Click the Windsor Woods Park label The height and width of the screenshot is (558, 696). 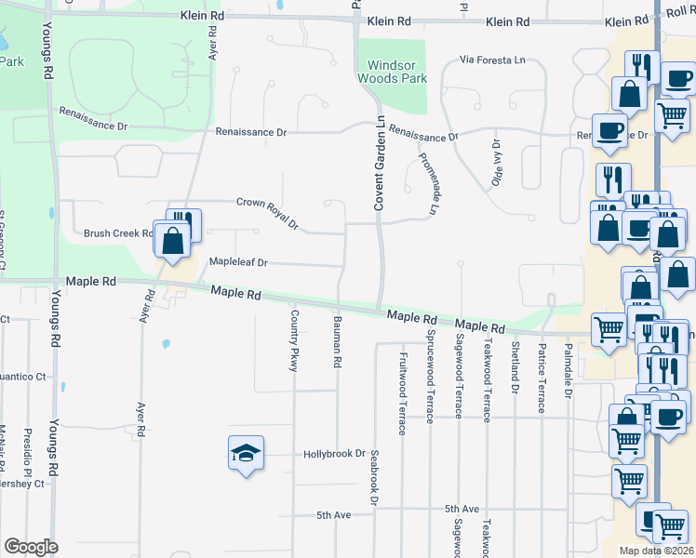pyautogui.click(x=392, y=72)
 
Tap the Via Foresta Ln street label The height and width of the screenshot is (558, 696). pyautogui.click(x=492, y=60)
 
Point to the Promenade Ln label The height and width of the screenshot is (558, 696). pyautogui.click(x=427, y=184)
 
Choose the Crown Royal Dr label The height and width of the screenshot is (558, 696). pyautogui.click(x=267, y=213)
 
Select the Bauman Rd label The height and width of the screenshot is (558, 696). pyautogui.click(x=337, y=340)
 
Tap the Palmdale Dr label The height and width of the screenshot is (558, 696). pyautogui.click(x=567, y=368)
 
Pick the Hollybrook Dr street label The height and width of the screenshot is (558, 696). pyautogui.click(x=334, y=455)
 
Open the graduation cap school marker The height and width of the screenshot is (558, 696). pyautogui.click(x=246, y=453)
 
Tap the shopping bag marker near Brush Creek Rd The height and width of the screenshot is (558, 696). pyautogui.click(x=173, y=241)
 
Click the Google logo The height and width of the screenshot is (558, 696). pyautogui.click(x=31, y=547)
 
